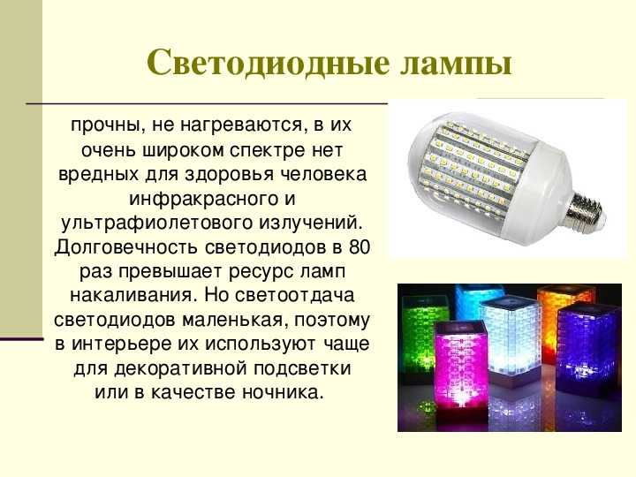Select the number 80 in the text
coord(359,247)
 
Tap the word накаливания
coord(132,295)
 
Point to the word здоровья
coord(228,175)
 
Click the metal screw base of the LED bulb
coord(586,210)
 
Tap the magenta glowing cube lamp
coord(461,365)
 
